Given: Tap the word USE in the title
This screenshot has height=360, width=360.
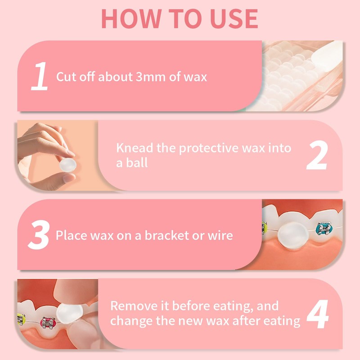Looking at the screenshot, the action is pyautogui.click(x=234, y=18).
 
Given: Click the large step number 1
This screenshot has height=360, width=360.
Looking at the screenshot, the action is pyautogui.click(x=40, y=76).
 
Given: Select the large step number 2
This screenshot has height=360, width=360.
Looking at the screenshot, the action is pyautogui.click(x=317, y=155).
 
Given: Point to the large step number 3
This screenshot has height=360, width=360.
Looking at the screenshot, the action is pyautogui.click(x=39, y=234).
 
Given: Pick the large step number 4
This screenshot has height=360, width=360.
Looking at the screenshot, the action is pyautogui.click(x=318, y=314).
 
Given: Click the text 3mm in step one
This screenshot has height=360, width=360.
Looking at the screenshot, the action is pyautogui.click(x=150, y=76).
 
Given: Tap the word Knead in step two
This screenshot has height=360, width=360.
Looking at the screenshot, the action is pyautogui.click(x=135, y=148).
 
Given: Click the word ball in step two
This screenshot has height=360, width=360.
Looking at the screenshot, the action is pyautogui.click(x=137, y=162).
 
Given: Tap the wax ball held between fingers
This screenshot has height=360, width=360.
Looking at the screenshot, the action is pyautogui.click(x=68, y=165).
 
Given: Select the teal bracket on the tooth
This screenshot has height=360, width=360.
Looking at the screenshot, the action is pyautogui.click(x=324, y=229).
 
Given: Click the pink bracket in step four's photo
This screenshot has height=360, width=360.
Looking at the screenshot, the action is pyautogui.click(x=48, y=323).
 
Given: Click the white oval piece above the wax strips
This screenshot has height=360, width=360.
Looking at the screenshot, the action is pyautogui.click(x=327, y=57).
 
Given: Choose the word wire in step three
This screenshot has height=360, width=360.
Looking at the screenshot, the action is pyautogui.click(x=220, y=235).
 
